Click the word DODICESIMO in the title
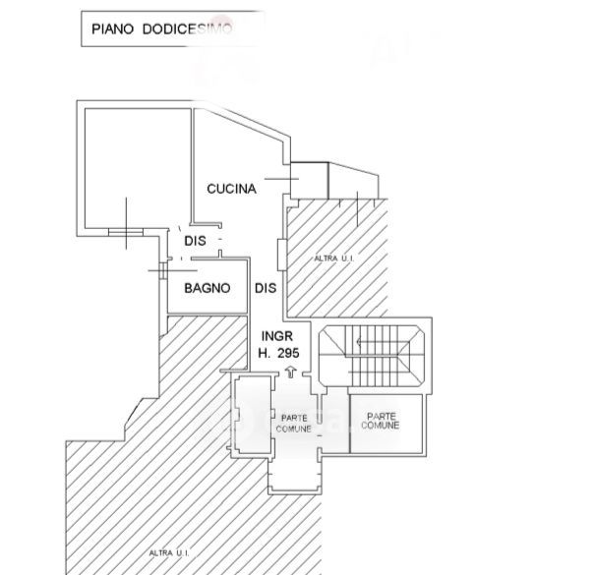[186, 29]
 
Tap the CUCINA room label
[231, 189]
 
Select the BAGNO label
[208, 288]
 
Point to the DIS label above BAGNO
[194, 240]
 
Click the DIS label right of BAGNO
[266, 288]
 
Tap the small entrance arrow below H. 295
[291, 371]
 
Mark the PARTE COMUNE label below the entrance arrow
[295, 423]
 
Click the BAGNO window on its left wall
[159, 267]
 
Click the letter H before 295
[264, 352]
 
